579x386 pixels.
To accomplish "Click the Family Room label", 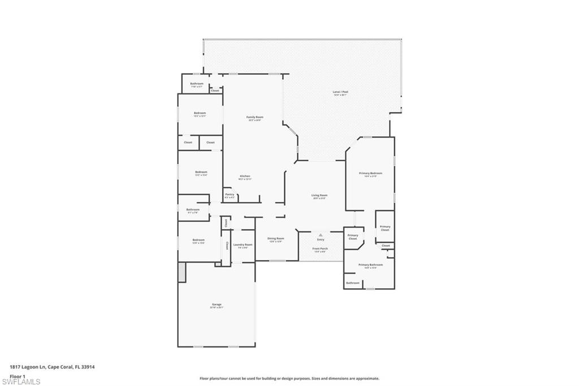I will (x=254, y=117).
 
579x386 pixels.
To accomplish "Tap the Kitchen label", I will (x=245, y=176).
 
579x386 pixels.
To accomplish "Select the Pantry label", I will (x=230, y=194).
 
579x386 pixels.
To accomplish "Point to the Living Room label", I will (x=319, y=195).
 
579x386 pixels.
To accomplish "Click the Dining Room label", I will (x=276, y=238).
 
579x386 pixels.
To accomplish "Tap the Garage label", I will (x=217, y=304).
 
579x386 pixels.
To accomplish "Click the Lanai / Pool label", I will (x=340, y=92).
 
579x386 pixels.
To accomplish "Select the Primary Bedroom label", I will (x=370, y=173).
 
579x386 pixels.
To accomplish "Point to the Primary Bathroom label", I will (x=370, y=265).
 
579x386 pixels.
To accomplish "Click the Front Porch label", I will (x=320, y=248).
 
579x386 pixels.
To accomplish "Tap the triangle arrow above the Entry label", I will (x=321, y=234).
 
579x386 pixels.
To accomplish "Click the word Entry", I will (x=321, y=239).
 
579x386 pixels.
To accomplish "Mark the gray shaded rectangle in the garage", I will (x=182, y=272).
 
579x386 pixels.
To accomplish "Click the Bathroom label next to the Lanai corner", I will (x=196, y=84).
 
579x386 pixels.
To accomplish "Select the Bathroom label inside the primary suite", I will (x=352, y=282).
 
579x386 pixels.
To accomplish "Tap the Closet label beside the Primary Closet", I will (x=386, y=246).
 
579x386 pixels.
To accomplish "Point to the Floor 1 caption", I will (x=18, y=375).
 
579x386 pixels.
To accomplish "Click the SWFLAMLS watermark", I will (x=20, y=381).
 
